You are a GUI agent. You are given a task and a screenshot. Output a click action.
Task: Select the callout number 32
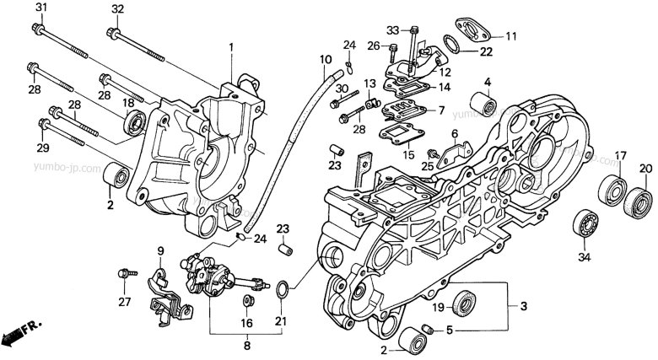click(117, 9)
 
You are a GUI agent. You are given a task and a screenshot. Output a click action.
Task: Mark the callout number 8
click(247, 346)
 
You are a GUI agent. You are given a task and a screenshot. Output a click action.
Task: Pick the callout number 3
click(524, 305)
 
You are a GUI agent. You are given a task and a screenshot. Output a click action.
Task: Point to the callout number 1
click(229, 47)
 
